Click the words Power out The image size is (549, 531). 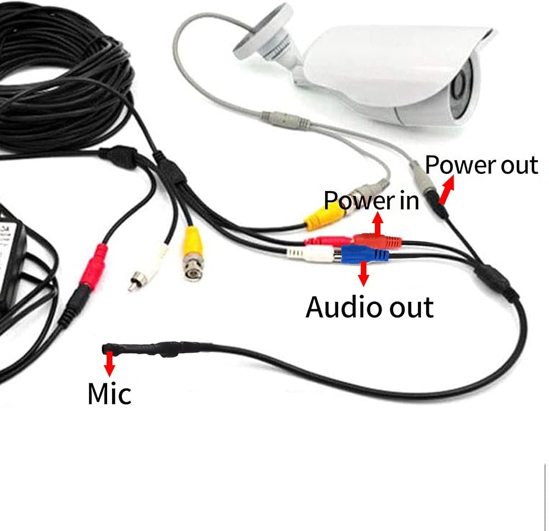pos(481,165)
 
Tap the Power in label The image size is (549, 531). pos(372,200)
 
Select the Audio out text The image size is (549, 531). pos(369,307)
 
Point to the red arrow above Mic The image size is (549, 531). pos(110,364)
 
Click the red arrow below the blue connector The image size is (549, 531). pos(363,273)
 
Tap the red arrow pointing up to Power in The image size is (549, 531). pos(378,224)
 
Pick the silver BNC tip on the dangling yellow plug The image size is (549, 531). pos(192,270)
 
